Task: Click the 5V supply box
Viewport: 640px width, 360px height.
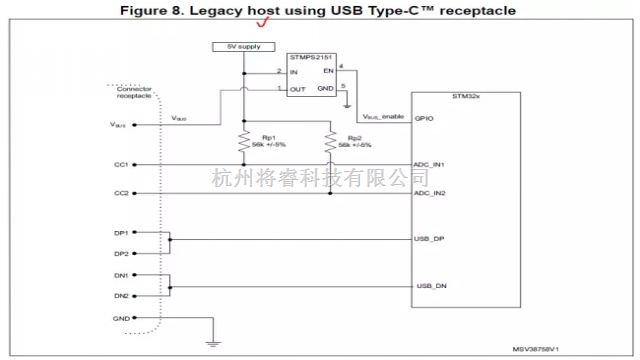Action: pyautogui.click(x=243, y=47)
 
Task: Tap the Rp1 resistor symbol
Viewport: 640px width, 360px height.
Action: pyautogui.click(x=243, y=144)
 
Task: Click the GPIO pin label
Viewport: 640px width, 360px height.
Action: pyautogui.click(x=423, y=117)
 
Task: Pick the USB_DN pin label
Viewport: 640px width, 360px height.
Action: pyautogui.click(x=429, y=287)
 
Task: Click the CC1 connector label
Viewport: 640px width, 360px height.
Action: pyautogui.click(x=121, y=164)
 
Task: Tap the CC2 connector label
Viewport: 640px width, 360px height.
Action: pyautogui.click(x=121, y=193)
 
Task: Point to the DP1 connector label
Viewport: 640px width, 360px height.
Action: pyautogui.click(x=121, y=232)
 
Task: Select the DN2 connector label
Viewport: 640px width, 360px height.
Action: pyautogui.click(x=121, y=296)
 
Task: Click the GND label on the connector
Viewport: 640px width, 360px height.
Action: pyautogui.click(x=121, y=317)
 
